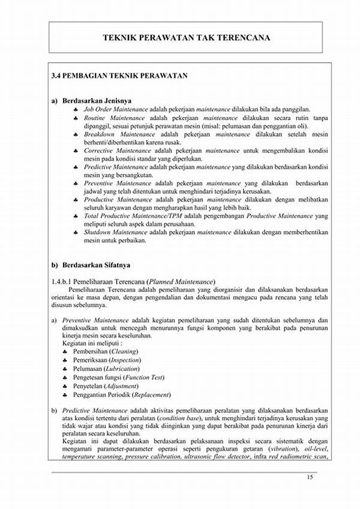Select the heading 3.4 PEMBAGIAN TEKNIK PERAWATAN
tap(120, 76)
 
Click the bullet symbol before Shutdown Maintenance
tap(76, 232)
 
